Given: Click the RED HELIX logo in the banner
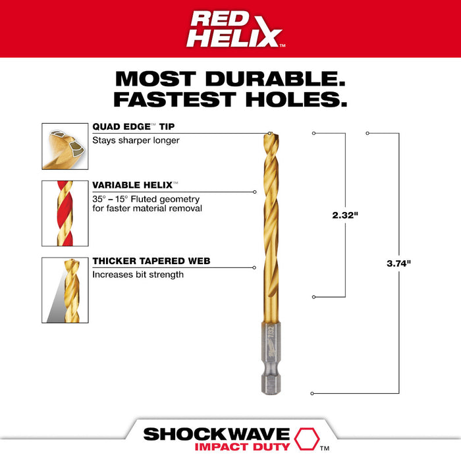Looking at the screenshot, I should tap(230, 30).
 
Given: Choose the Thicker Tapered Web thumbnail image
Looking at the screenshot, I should tap(65, 290).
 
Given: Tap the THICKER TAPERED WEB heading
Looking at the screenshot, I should tap(151, 261).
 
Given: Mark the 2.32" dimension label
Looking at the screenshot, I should tap(345, 215).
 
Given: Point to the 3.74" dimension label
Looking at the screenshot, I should tap(398, 263).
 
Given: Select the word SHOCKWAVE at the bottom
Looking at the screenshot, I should tap(217, 433).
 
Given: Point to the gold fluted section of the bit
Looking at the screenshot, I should tap(269, 230).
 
